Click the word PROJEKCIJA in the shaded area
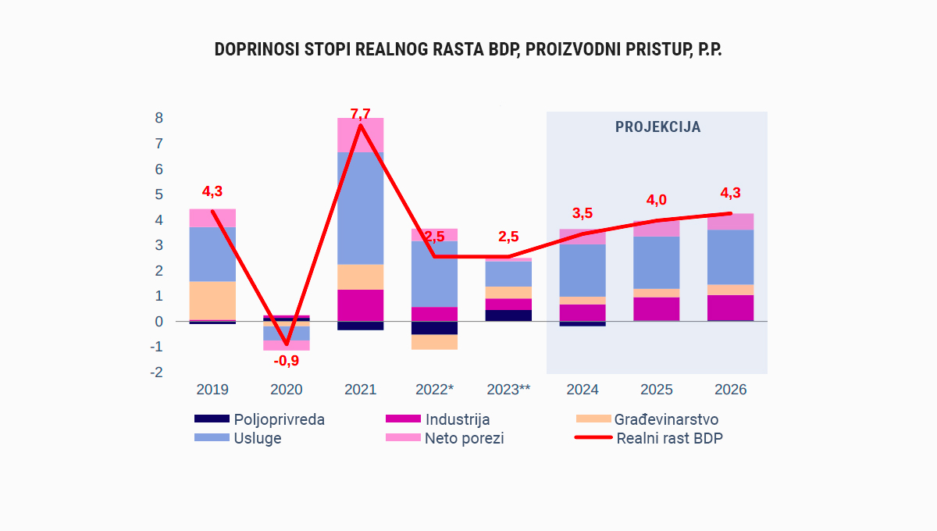657,127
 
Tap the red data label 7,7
360,114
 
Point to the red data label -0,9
286,361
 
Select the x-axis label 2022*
434,390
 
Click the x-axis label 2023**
508,390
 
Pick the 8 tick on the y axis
159,118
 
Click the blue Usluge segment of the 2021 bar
360,208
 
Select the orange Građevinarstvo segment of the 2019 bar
212,300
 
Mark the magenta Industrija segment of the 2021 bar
360,305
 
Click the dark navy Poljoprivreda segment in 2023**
508,315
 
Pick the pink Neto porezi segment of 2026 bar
731,221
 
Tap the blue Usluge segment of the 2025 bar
657,262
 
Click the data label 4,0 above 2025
656,200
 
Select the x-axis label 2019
212,390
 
